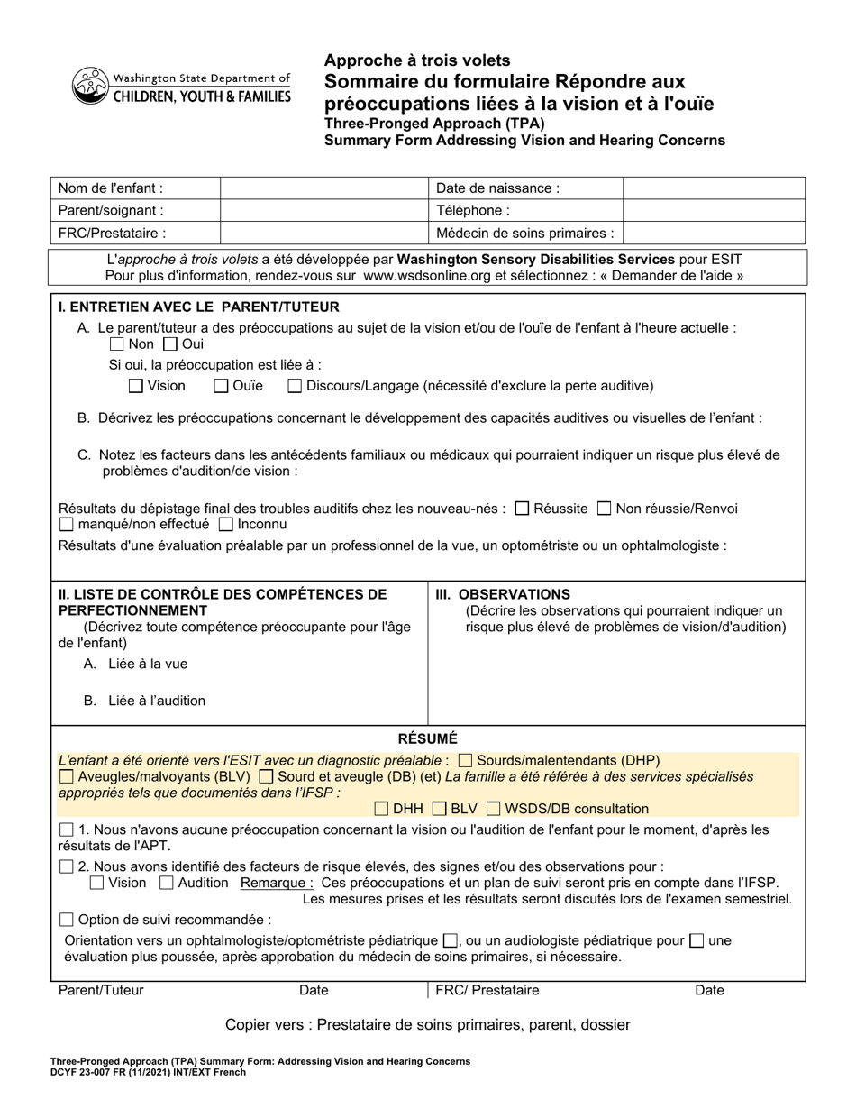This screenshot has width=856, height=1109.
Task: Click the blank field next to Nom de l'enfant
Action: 323,188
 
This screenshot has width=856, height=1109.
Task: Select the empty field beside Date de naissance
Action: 713,188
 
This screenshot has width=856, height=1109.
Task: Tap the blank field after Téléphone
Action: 713,210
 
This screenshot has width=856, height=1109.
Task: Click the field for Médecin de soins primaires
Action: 713,233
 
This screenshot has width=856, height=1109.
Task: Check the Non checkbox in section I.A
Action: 116,344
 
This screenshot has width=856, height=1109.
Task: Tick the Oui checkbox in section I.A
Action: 170,344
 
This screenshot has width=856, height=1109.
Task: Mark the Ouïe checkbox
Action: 221,386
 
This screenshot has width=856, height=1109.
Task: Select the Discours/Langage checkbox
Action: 295,386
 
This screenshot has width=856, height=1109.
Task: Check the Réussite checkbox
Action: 522,509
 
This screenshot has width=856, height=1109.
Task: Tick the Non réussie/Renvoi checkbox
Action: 605,509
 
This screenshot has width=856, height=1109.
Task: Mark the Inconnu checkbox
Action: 226,524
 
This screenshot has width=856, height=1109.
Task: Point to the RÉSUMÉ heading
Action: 428,738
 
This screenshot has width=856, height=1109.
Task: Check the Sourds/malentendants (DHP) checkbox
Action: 466,760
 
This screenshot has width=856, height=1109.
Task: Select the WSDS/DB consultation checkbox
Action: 493,809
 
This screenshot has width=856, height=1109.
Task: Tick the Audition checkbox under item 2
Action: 167,883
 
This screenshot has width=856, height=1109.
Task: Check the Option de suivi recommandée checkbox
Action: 66,920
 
